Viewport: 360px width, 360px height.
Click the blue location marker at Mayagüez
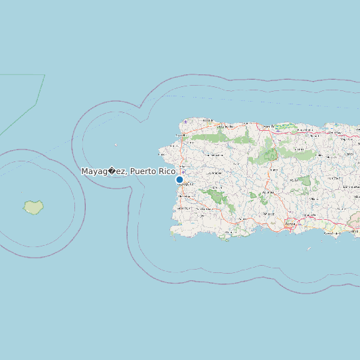tap(179, 179)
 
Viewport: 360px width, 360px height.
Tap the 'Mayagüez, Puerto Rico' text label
tap(128, 171)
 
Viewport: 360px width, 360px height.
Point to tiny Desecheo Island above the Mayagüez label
tap(116, 145)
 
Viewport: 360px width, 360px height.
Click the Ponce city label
tap(290, 225)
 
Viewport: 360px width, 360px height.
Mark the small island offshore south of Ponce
tap(309, 249)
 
